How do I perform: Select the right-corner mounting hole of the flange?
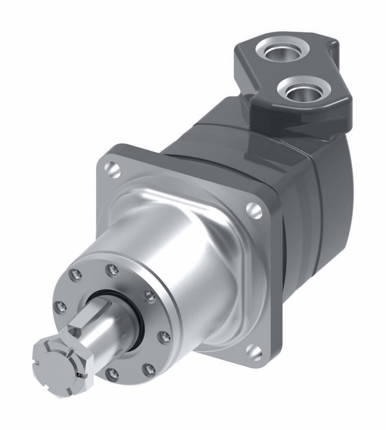click(x=254, y=210)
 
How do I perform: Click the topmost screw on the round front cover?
click(x=113, y=270)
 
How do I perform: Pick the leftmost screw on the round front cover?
click(x=61, y=306)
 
